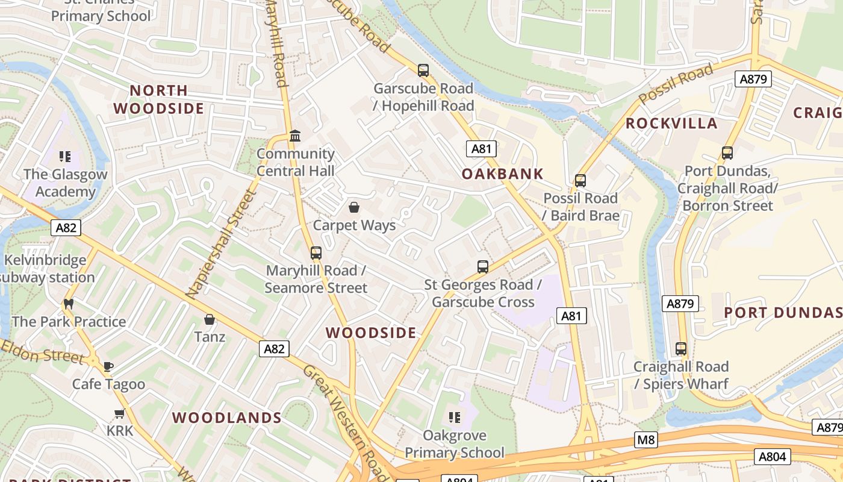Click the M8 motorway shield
646,440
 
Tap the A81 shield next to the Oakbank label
481,149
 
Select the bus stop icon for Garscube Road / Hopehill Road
423,70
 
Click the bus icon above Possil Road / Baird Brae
580,181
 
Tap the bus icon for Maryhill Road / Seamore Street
316,253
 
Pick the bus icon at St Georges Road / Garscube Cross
482,267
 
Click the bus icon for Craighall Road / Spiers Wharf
681,349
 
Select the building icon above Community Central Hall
295,136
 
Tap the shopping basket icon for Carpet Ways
354,208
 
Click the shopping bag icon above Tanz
210,319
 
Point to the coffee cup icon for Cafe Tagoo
108,366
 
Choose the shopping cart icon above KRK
119,413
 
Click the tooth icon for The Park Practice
69,304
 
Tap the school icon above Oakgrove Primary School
455,417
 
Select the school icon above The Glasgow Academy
65,157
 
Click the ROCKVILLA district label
671,124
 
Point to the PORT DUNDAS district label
783,312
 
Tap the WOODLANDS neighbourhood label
227,418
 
